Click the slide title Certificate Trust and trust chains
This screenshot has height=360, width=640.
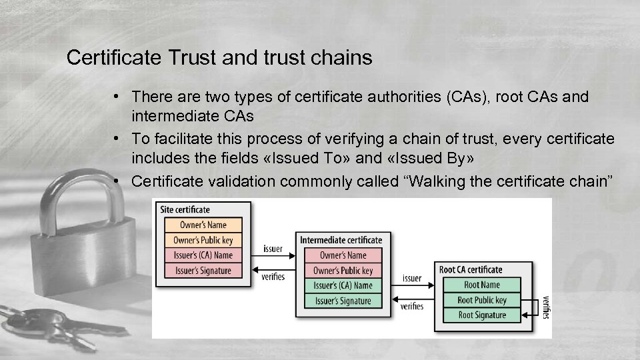pyautogui.click(x=219, y=58)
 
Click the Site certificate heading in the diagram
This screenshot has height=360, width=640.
pyautogui.click(x=185, y=210)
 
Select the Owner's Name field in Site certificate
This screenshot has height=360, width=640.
pyautogui.click(x=203, y=225)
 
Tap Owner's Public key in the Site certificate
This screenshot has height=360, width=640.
pyautogui.click(x=203, y=240)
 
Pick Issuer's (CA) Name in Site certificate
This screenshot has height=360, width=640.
pyautogui.click(x=203, y=255)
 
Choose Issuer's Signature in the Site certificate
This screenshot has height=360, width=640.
pyautogui.click(x=203, y=271)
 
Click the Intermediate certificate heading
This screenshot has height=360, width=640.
pyautogui.click(x=341, y=240)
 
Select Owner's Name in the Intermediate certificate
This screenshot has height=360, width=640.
pyautogui.click(x=343, y=255)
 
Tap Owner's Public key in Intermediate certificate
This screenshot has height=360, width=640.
pyautogui.click(x=343, y=271)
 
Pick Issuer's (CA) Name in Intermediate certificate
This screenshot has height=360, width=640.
pyautogui.click(x=343, y=285)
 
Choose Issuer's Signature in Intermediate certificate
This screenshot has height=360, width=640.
pyautogui.click(x=343, y=301)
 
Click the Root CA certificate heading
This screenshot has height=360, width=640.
pyautogui.click(x=471, y=270)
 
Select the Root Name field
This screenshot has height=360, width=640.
pyautogui.click(x=482, y=285)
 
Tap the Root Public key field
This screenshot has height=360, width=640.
pyautogui.click(x=482, y=300)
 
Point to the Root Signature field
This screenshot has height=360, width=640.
pyautogui.click(x=482, y=315)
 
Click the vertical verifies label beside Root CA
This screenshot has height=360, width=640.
pyautogui.click(x=547, y=307)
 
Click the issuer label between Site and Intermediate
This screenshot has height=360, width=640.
pyautogui.click(x=273, y=249)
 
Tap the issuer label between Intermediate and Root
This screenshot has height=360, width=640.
pyautogui.click(x=412, y=278)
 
